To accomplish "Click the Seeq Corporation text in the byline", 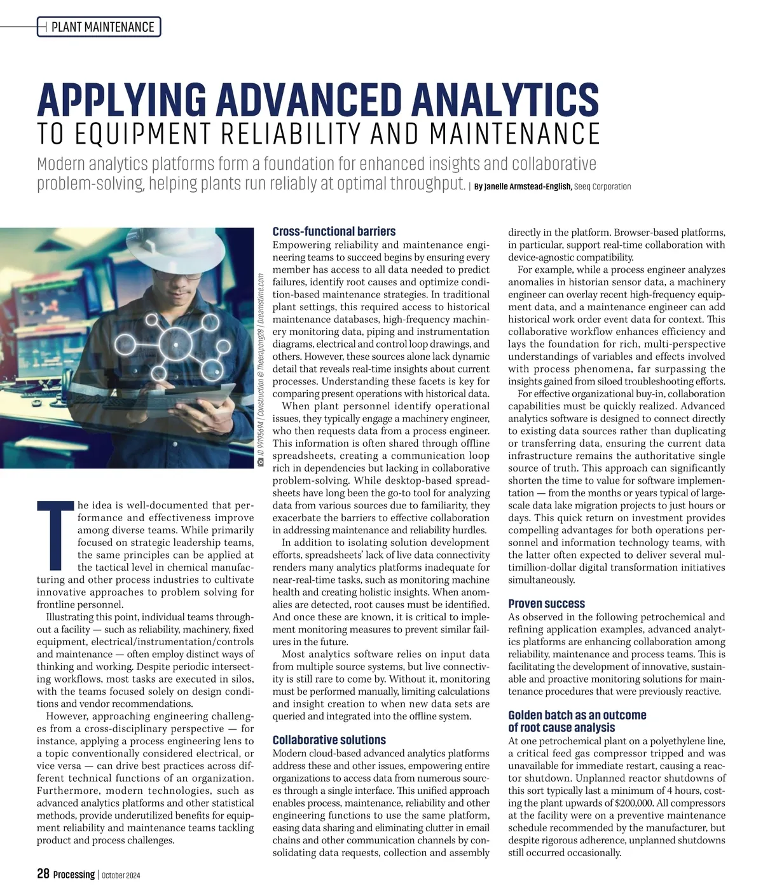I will tap(603, 187).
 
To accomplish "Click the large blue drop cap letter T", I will tap(56, 535).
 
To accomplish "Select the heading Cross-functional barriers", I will tap(334, 231).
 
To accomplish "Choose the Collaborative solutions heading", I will tap(329, 740).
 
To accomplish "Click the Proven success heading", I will tap(546, 604).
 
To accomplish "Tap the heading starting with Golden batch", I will tap(577, 716).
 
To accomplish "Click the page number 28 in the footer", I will tap(43, 874).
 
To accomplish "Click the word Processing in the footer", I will tap(74, 875).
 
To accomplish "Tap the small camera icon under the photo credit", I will tap(260, 462).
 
